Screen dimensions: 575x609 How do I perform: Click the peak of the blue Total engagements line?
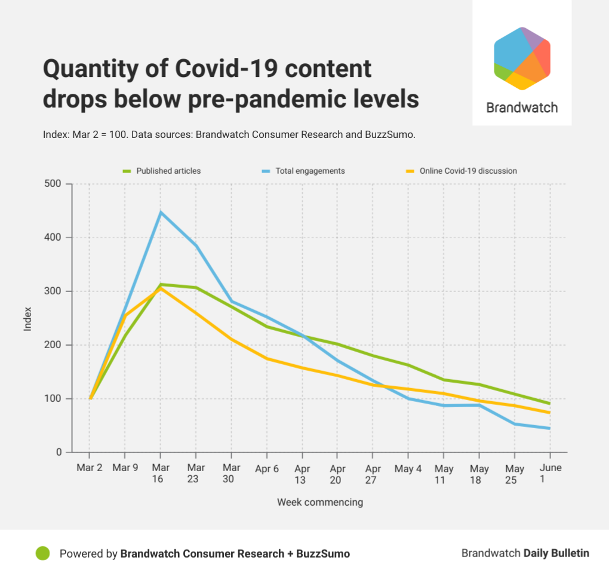[160, 213]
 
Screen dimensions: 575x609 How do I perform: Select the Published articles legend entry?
[168, 171]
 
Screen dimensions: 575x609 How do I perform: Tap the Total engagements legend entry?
[310, 171]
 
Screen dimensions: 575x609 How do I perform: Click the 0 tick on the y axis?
[59, 453]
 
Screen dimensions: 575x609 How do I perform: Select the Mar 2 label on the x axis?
[90, 468]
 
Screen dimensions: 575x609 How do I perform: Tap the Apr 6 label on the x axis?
[267, 468]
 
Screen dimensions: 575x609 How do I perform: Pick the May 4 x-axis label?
[408, 468]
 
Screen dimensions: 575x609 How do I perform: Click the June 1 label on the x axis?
[550, 473]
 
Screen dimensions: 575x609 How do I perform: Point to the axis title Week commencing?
[320, 502]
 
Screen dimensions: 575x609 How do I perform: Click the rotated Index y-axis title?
[27, 318]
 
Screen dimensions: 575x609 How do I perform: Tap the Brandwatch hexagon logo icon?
[522, 59]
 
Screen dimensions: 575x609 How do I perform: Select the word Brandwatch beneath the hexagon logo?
[522, 108]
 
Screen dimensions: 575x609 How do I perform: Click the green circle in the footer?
[42, 553]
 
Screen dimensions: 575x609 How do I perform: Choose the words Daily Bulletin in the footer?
[556, 553]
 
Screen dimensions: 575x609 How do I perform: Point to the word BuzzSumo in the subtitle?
[388, 134]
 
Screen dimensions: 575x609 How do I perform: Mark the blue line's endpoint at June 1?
[549, 428]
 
